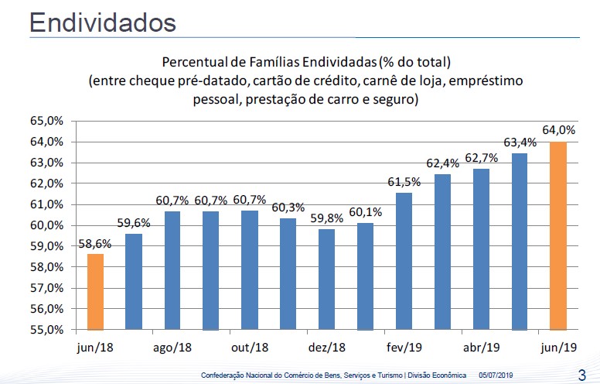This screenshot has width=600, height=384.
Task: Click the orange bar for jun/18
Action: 95,291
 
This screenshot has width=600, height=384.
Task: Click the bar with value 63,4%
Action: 520,241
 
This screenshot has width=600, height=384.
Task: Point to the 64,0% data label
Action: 559,130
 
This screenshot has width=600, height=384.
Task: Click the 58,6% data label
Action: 95,242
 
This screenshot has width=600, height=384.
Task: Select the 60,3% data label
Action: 288,207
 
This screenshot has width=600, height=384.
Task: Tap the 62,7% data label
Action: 482,157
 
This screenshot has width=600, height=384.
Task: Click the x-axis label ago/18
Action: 172,347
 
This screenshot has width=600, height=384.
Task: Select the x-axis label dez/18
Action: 327,347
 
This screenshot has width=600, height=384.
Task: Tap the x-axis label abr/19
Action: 482,347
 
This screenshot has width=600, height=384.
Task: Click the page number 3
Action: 581,372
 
